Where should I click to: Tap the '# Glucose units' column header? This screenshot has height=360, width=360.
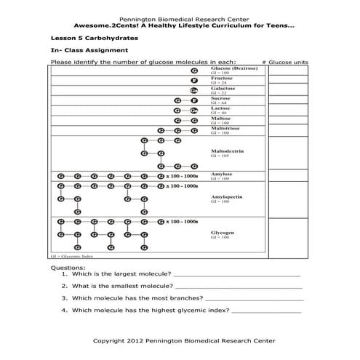[x=284, y=63]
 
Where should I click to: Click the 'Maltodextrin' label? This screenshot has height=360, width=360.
[x=227, y=151]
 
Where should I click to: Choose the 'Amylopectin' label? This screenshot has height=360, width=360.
[x=227, y=196]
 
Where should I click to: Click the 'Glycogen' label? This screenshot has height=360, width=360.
[x=223, y=232]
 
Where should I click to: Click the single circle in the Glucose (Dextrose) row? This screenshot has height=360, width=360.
[x=194, y=71]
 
